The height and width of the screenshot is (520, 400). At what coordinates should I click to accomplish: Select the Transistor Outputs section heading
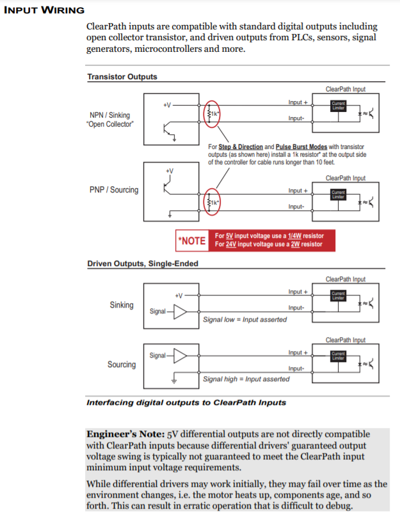(122, 77)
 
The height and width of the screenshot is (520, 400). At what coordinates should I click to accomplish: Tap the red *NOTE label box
(192, 240)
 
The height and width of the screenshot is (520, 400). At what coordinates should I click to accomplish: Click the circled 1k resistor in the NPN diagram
(211, 113)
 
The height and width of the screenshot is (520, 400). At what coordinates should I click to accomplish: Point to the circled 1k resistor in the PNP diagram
(211, 202)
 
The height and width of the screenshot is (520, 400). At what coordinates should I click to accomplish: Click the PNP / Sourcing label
(113, 190)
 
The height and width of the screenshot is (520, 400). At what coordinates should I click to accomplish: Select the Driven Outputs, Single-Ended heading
(142, 264)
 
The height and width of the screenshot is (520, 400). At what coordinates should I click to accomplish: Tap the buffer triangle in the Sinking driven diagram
(182, 311)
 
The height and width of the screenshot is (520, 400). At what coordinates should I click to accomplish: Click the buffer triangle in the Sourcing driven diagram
(182, 356)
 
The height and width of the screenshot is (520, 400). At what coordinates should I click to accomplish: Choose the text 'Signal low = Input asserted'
(244, 320)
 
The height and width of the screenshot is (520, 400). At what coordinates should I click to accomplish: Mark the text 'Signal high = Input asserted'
(246, 379)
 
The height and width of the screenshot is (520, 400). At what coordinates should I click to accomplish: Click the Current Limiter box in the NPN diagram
(338, 106)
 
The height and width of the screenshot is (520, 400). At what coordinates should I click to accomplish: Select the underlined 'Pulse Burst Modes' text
(304, 146)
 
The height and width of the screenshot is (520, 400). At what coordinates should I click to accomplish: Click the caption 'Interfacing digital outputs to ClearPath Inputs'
(186, 403)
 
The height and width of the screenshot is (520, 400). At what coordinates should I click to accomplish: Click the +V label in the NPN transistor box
(167, 105)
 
